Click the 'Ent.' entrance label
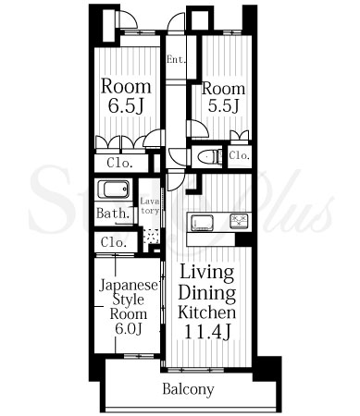177,59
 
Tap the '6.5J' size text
126,105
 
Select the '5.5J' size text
224,105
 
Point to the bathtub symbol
113,190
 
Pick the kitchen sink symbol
203,223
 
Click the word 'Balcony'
188,389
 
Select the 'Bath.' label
113,214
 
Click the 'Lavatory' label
150,206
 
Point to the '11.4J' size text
207,332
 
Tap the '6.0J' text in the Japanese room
129,329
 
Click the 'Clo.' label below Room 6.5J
119,163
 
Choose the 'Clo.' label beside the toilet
239,155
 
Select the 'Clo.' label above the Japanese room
114,242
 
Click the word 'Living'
206,273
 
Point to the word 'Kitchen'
206,312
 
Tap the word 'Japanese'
129,286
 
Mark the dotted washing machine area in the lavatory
151,237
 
